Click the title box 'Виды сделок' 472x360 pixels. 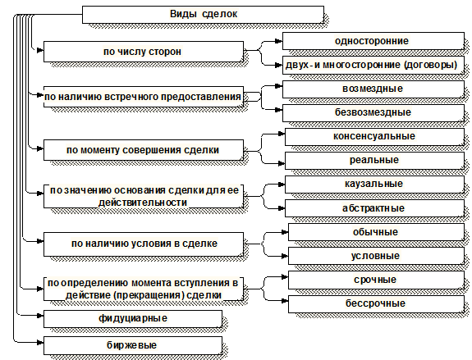tap(204, 15)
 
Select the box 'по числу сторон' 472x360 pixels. tap(144, 52)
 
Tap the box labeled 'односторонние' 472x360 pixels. tap(373, 41)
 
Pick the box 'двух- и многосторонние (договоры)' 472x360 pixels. tap(373, 65)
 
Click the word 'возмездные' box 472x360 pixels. tap(373, 89)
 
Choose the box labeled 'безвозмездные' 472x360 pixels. tap(373, 113)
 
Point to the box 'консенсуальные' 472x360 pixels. tap(374, 137)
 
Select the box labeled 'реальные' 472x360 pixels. tap(374, 160)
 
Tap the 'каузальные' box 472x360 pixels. tap(374, 184)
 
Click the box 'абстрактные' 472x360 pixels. tap(374, 208)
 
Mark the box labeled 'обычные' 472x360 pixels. tap(376, 232)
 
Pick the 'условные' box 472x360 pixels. tap(376, 256)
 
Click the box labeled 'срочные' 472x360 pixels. tap(376, 280)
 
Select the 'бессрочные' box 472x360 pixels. tap(376, 303)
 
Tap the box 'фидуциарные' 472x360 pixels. tap(133, 319)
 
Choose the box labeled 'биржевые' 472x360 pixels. tap(133, 345)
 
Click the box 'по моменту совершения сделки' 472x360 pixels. tap(144, 150)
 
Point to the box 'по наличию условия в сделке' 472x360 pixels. tap(144, 244)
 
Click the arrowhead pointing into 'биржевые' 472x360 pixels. tap(40, 342)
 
